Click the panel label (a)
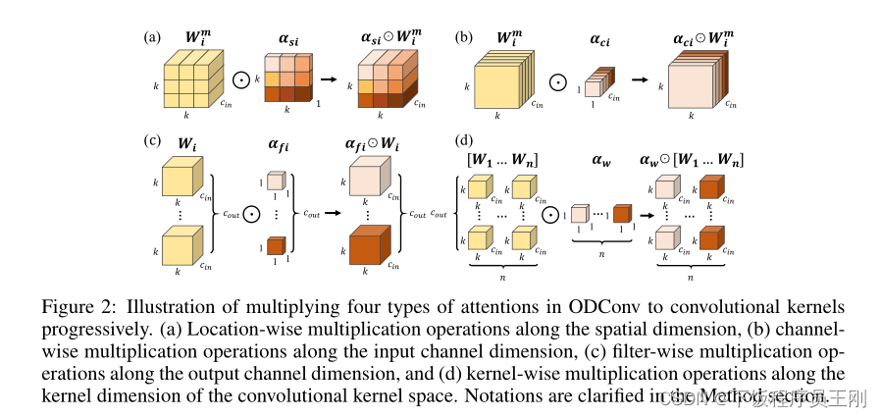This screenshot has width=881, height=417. pyautogui.click(x=151, y=38)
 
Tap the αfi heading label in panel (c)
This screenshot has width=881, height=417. pyautogui.click(x=279, y=146)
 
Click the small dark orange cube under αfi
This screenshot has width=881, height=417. pyautogui.click(x=276, y=246)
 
